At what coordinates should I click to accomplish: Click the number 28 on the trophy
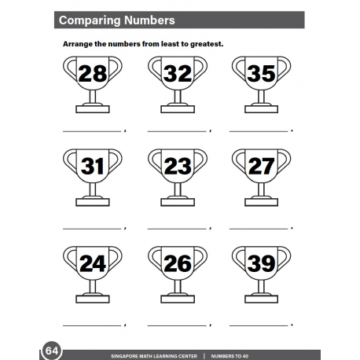coord(93,75)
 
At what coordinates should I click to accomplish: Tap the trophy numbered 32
coord(178,75)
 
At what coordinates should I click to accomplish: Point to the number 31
coord(93,167)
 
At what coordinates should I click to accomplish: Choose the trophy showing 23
coord(178,167)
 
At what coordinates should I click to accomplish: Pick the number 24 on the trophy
coord(93,264)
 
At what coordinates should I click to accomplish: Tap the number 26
coord(178,264)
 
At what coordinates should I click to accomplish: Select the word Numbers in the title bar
coord(149,20)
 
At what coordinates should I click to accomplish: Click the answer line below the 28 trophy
coord(92,130)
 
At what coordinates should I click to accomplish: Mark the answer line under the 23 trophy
coord(178,228)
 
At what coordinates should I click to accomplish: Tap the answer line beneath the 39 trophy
coord(260,325)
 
